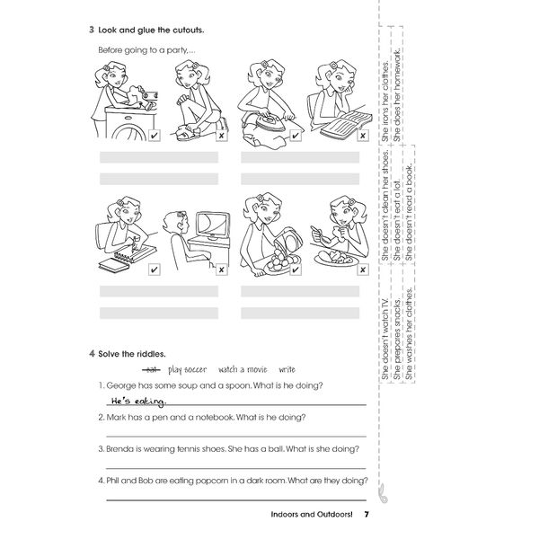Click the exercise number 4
93,353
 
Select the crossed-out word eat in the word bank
151,369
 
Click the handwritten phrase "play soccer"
187,369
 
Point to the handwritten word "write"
287,369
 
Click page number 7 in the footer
366,515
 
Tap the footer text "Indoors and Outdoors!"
307,515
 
